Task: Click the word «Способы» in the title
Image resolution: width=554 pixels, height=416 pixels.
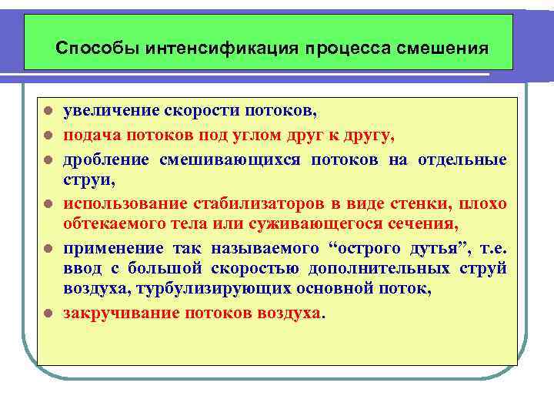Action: point(88,49)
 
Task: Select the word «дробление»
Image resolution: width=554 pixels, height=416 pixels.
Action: point(107,160)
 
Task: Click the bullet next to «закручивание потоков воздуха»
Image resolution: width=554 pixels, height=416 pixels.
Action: point(48,314)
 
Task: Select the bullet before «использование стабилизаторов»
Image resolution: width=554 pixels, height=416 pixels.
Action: point(48,204)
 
